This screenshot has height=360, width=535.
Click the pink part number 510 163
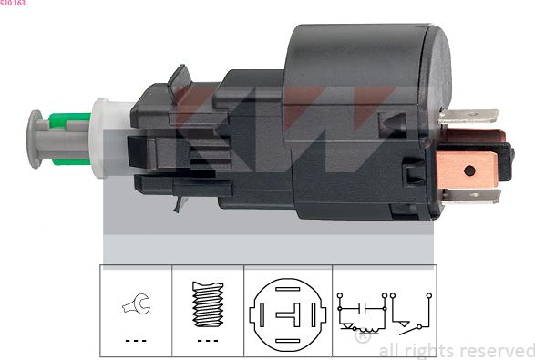pyautogui.click(x=13, y=3)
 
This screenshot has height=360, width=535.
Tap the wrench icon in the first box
pyautogui.click(x=137, y=303)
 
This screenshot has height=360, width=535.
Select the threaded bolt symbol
pyautogui.click(x=208, y=304)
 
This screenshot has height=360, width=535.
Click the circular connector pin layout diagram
pyautogui.click(x=288, y=314)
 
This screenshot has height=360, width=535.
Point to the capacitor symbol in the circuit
pyautogui.click(x=363, y=308)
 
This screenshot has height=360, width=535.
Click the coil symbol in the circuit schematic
pyautogui.click(x=368, y=330)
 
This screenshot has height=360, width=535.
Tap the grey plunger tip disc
pyautogui.click(x=34, y=139)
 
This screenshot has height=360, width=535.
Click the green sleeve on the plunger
pyautogui.click(x=70, y=139)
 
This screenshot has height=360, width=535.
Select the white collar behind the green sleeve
pyautogui.click(x=102, y=139)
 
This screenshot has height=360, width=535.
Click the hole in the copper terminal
pyautogui.click(x=469, y=170)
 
